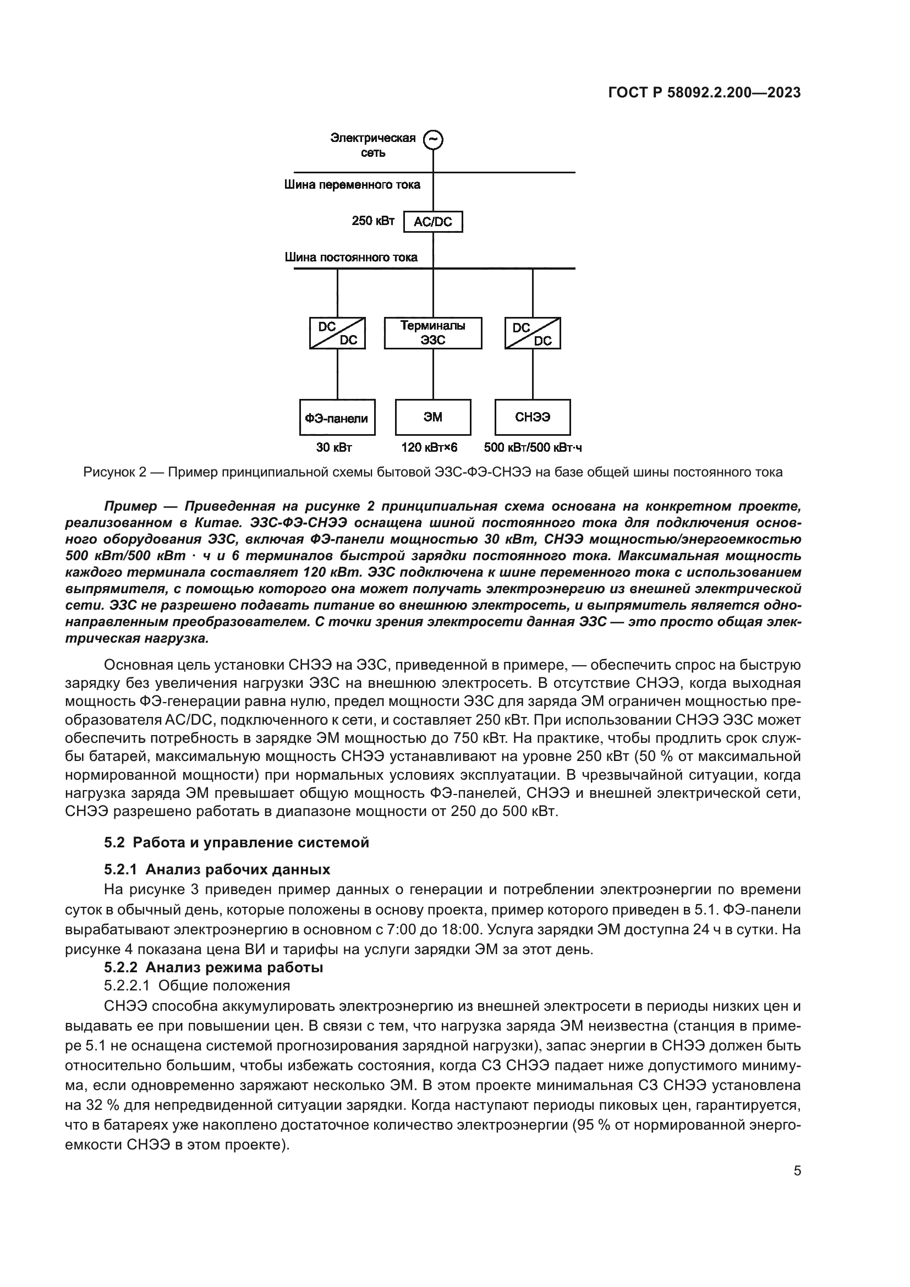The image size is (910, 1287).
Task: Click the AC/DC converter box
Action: click(x=433, y=221)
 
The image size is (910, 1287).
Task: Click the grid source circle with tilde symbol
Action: click(x=432, y=140)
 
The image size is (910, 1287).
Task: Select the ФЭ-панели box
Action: click(x=337, y=418)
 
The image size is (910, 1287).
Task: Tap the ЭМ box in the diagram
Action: click(x=432, y=418)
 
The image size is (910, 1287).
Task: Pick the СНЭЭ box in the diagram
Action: click(x=533, y=418)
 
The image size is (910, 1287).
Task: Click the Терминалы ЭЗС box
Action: click(x=432, y=333)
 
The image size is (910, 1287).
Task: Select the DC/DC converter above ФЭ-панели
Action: click(x=337, y=333)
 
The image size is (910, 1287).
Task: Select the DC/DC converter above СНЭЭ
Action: click(x=533, y=333)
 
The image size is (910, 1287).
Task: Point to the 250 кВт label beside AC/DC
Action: click(x=372, y=221)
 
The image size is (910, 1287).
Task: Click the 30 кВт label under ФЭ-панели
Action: click(x=334, y=447)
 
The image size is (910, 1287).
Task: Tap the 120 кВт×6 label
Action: click(x=429, y=447)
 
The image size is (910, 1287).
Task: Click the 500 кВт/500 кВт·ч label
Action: click(x=533, y=447)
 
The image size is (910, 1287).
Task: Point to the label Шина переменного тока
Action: click(x=352, y=185)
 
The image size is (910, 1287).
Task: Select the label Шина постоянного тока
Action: click(x=351, y=258)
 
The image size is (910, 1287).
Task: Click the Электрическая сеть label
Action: click(x=373, y=145)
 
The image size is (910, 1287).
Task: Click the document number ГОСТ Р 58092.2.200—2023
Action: click(x=704, y=93)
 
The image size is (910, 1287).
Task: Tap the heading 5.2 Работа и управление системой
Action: click(x=237, y=843)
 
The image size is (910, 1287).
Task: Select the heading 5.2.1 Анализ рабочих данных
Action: click(x=217, y=869)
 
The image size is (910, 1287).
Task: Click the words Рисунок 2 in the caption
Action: click(x=114, y=472)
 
